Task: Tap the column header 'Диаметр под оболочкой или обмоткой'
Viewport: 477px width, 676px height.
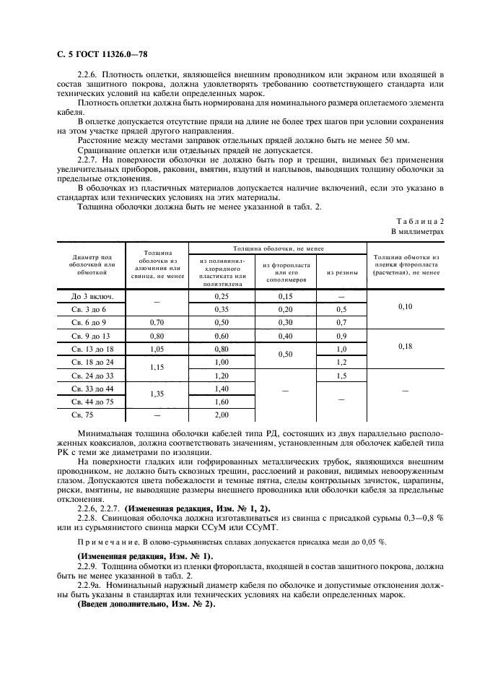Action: pos(92,264)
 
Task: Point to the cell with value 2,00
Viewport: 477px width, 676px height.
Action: pos(221,415)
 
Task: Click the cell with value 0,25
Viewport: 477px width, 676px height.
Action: pos(221,295)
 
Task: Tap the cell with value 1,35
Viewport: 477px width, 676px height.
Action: pos(156,395)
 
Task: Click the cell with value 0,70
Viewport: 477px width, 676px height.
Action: pos(156,321)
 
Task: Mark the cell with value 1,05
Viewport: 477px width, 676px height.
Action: pos(156,348)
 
